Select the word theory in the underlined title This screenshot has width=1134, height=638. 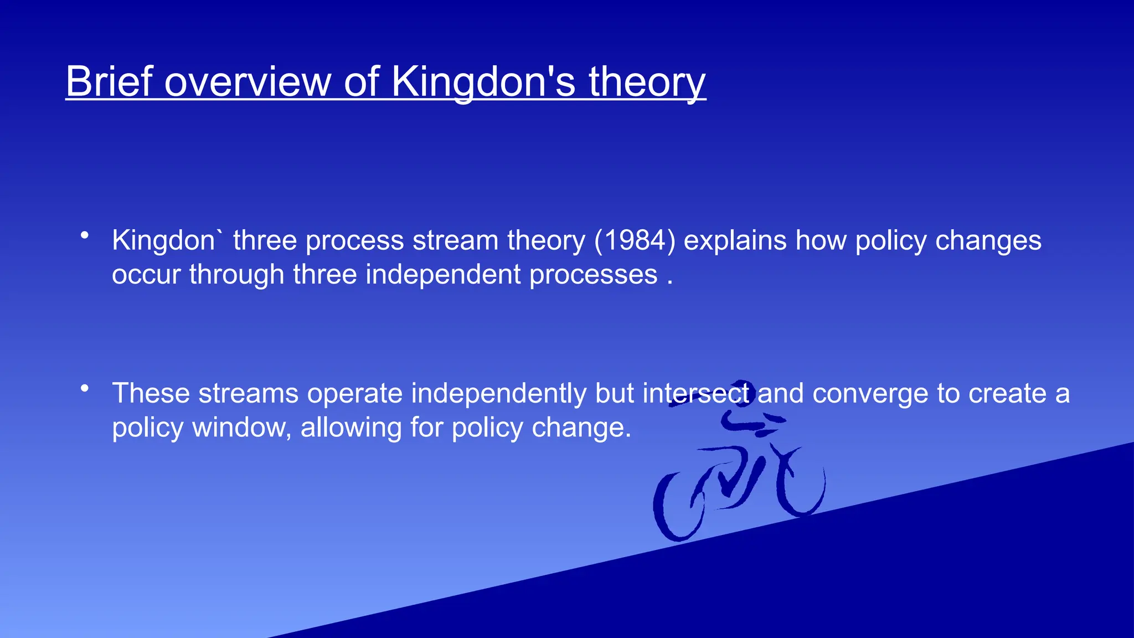647,82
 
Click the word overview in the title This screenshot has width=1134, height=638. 247,82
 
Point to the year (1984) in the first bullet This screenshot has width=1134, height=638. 635,241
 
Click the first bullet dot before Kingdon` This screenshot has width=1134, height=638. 84,235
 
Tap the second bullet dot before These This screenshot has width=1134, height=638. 84,388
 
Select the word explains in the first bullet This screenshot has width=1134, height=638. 735,241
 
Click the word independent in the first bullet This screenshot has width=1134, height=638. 443,275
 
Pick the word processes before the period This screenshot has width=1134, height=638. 593,275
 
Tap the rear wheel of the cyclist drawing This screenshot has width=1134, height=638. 679,507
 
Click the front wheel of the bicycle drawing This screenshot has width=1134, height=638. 802,485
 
